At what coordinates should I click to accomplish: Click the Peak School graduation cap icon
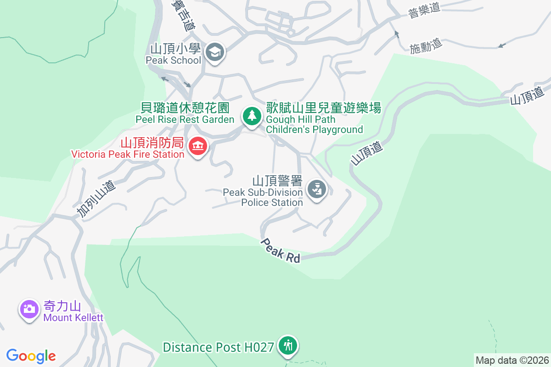214,52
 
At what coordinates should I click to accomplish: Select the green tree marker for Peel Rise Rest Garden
251,115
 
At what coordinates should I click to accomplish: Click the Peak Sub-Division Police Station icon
316,188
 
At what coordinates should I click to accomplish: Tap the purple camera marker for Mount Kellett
29,309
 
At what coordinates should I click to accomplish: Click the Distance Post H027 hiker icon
288,345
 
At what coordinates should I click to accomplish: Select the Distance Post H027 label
219,347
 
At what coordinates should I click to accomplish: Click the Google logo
31,356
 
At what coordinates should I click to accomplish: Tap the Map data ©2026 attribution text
512,360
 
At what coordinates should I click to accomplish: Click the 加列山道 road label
96,198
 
